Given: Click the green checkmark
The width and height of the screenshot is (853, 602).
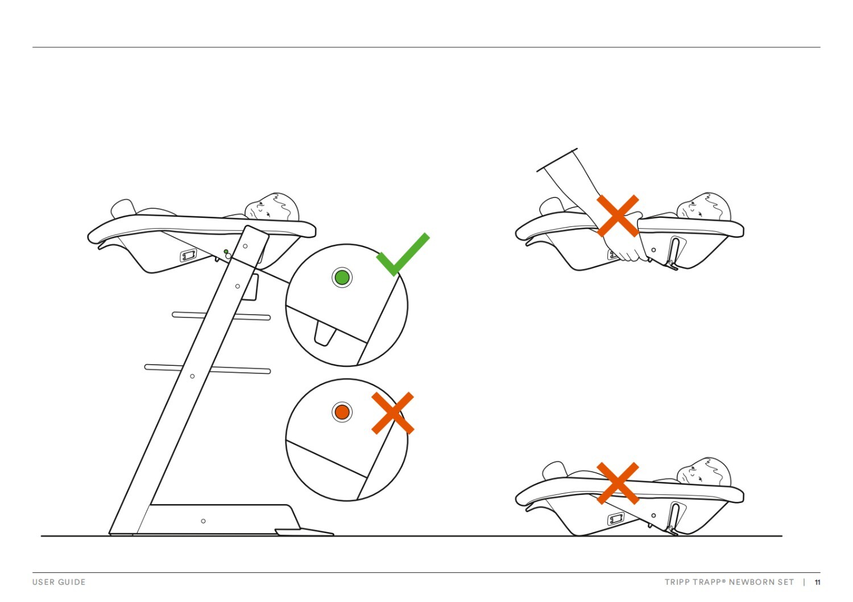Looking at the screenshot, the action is click(x=403, y=255).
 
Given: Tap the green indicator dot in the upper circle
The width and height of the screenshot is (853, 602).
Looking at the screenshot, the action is click(x=342, y=278).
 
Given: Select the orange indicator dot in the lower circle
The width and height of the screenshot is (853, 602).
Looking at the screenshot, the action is click(x=342, y=412).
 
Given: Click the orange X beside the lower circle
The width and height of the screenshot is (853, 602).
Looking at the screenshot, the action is click(x=392, y=413).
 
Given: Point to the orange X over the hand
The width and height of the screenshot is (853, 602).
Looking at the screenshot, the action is click(x=618, y=216).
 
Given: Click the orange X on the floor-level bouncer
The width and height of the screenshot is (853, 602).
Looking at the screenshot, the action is click(x=618, y=483).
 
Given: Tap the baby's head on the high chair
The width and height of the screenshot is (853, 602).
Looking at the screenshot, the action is click(x=272, y=207).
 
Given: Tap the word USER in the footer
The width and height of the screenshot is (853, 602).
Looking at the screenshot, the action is click(x=43, y=582).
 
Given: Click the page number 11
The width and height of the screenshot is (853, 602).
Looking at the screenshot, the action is click(x=818, y=582).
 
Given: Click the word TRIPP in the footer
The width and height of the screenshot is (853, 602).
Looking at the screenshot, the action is click(x=677, y=582).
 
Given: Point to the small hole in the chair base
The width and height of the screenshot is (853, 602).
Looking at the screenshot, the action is click(x=203, y=521).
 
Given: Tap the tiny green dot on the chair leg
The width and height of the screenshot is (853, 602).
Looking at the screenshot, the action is click(x=226, y=251).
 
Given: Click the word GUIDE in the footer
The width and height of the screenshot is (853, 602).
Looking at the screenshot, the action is click(x=72, y=582).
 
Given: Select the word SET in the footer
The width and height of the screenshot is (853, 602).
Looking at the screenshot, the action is click(x=785, y=582).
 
